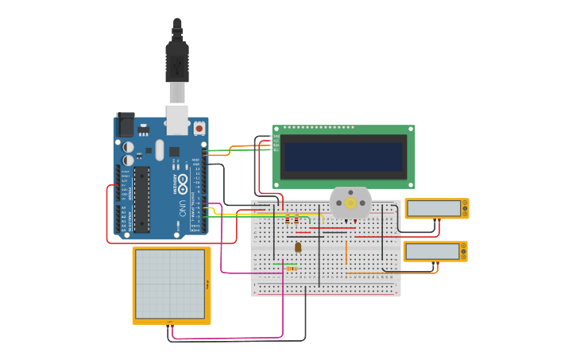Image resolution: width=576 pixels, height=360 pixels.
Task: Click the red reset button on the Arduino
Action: click(198, 127)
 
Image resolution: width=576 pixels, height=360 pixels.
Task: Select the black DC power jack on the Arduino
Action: click(126, 125)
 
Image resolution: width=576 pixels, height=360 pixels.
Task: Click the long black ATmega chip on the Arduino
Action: click(141, 199)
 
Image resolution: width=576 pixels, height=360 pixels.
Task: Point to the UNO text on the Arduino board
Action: click(181, 209)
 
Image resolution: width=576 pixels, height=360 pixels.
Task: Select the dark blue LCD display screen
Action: click(344, 157)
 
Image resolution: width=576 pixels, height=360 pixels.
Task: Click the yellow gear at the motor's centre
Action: click(350, 203)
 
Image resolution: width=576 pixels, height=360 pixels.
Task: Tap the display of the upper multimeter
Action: click(434, 208)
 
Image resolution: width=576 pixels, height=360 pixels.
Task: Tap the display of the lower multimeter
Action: click(432, 251)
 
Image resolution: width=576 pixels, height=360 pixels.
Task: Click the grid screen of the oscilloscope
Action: click(170, 284)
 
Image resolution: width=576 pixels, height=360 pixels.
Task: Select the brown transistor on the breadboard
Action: click(298, 247)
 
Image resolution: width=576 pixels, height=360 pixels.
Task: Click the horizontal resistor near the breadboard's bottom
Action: click(292, 269)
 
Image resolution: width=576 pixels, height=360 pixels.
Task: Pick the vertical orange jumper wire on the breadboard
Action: click(346, 253)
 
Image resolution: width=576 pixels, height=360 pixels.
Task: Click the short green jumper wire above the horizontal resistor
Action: click(285, 264)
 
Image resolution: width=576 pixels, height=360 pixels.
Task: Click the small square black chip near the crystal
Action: click(174, 151)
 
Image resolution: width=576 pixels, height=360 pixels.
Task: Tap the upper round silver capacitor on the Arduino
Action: click(128, 147)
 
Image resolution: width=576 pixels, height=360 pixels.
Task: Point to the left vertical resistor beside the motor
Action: click(287, 219)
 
